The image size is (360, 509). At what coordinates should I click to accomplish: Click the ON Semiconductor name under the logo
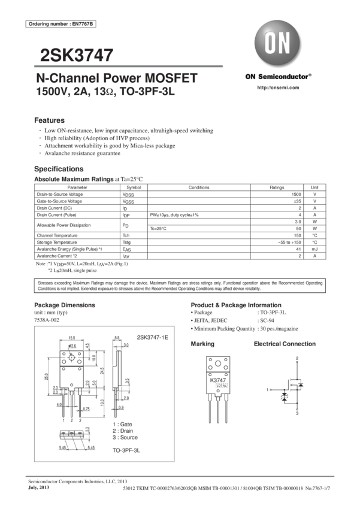click(x=278, y=77)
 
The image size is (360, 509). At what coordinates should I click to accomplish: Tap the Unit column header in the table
click(x=316, y=187)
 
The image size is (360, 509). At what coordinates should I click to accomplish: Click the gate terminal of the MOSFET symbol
click(x=270, y=389)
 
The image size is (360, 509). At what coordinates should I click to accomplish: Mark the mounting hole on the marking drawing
click(x=217, y=363)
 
